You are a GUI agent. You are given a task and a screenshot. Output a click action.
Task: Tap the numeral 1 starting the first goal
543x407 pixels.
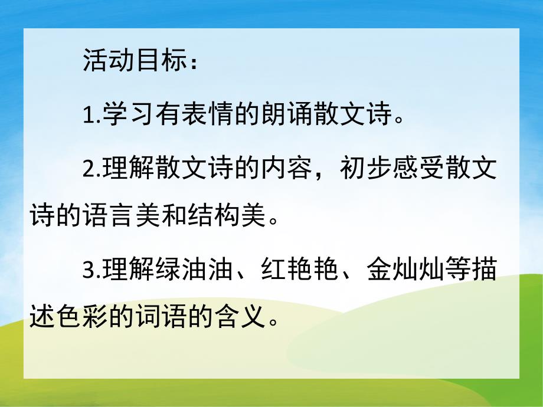click(x=89, y=114)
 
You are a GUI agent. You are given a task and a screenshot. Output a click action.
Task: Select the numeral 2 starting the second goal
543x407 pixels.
click(x=89, y=169)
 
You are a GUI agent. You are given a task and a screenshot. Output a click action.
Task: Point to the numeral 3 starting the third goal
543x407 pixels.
click(x=89, y=271)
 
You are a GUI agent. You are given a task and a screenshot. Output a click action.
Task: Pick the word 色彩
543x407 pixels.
click(x=81, y=319)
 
